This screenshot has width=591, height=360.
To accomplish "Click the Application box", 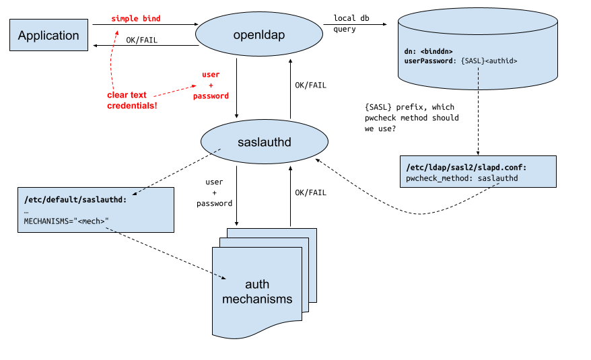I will click(48, 36).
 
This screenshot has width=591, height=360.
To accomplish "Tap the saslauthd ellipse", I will click(264, 142).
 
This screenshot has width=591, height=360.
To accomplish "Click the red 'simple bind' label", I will click(136, 18).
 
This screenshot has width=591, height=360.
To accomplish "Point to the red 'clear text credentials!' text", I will click(131, 100).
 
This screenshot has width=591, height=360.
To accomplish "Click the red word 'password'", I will click(211, 96).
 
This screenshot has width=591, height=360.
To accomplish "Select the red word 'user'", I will click(211, 74).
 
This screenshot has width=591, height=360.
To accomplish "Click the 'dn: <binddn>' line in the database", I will click(428, 51).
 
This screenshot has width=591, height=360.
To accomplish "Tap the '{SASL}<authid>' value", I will click(489, 61).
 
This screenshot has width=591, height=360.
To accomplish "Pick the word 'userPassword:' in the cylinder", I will click(431, 61).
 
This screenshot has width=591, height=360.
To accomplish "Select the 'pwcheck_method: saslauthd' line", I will click(462, 178).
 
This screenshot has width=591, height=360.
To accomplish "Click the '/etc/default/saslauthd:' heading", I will click(75, 200).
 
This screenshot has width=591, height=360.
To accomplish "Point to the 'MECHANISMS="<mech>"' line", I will click(66, 221).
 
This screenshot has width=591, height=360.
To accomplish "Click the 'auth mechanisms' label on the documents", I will click(258, 292).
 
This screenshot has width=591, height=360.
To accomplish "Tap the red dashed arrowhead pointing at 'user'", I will click(194, 85).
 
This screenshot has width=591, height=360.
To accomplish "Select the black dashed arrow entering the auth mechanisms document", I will click(219, 276).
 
